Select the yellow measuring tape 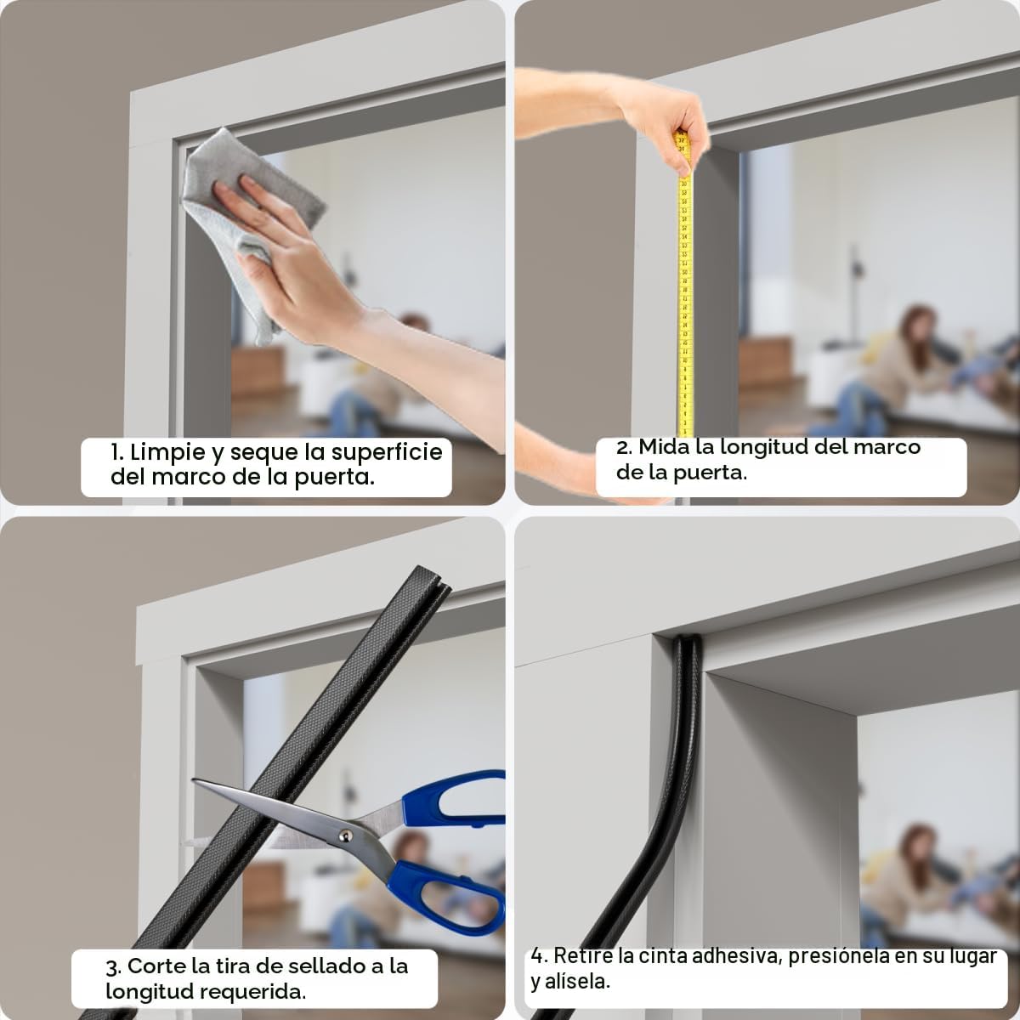point(684,286)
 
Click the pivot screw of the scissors point(345,836)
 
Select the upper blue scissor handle point(452,797)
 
